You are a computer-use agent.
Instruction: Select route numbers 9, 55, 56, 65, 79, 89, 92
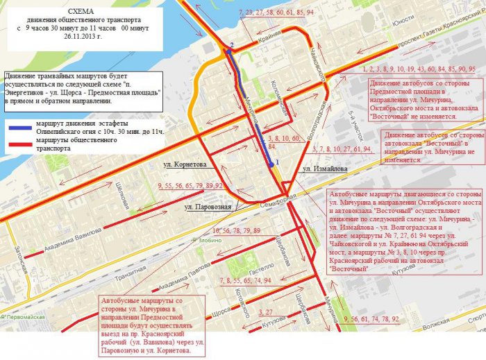pyautogui.click(x=190, y=186)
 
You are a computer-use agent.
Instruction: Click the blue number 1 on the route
pyautogui.click(x=277, y=162)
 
